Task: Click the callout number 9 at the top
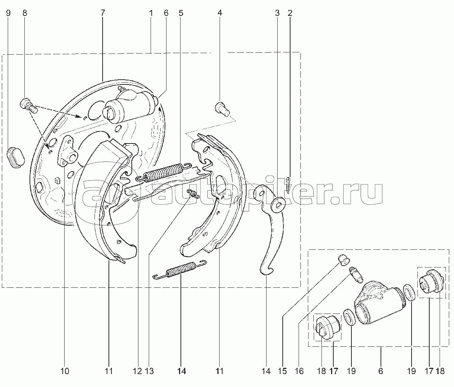(x=8, y=13)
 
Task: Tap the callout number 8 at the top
(x=25, y=13)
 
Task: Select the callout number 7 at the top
(x=103, y=13)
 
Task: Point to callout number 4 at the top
(x=220, y=13)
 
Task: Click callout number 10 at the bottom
(x=65, y=371)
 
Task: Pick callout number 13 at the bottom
(x=149, y=371)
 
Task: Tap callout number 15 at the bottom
(x=282, y=371)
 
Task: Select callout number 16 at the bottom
(x=299, y=371)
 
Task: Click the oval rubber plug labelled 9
(x=15, y=158)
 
